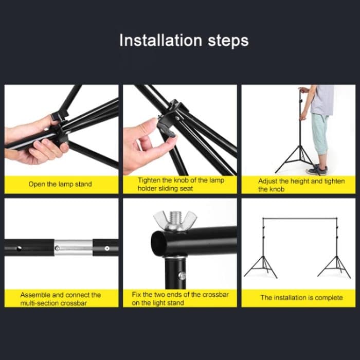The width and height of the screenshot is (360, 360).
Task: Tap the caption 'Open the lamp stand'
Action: click(x=60, y=184)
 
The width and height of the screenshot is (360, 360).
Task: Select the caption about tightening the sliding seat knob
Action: click(x=181, y=184)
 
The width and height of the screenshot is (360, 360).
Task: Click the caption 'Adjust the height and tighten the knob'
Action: click(x=301, y=185)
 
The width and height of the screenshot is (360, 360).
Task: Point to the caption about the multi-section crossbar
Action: click(x=61, y=298)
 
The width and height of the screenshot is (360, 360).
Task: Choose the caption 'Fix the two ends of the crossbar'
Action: click(x=180, y=298)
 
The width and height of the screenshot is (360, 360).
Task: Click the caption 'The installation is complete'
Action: click(x=301, y=297)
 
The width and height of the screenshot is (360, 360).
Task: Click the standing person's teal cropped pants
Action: click(x=319, y=134)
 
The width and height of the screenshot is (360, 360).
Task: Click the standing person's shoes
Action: click(x=320, y=170)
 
